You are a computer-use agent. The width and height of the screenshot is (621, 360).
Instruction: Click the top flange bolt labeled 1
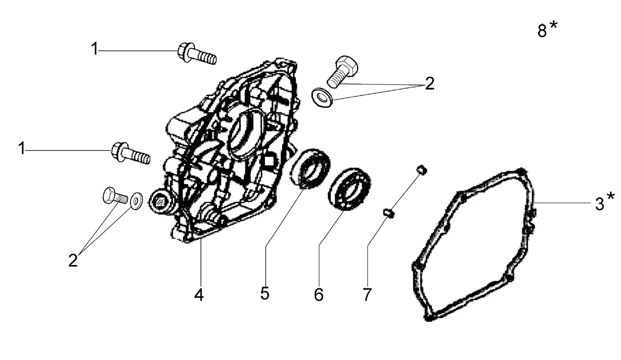[x=197, y=54]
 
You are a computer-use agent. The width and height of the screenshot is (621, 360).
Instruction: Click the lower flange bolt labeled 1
[x=130, y=153]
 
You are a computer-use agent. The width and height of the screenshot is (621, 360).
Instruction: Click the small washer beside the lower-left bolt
[x=136, y=201]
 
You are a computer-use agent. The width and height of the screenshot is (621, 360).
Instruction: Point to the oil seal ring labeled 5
[x=309, y=168]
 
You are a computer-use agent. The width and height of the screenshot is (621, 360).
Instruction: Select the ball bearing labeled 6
[x=349, y=189]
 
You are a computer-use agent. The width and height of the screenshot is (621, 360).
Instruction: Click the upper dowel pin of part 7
[x=421, y=169]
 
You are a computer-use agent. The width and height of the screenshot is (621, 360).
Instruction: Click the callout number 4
[x=199, y=295]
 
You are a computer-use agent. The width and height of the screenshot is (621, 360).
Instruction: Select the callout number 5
[x=265, y=293]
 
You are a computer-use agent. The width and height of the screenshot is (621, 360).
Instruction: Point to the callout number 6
[x=319, y=295]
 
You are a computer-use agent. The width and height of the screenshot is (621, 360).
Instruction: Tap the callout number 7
[x=367, y=295]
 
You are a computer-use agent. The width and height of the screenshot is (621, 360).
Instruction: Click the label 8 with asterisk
[x=547, y=29]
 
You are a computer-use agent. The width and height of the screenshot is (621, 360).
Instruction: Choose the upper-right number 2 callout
[x=429, y=83]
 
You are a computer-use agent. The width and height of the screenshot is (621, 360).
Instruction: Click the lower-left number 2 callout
[x=73, y=260]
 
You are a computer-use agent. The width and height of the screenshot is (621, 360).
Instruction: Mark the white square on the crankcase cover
[x=269, y=161]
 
